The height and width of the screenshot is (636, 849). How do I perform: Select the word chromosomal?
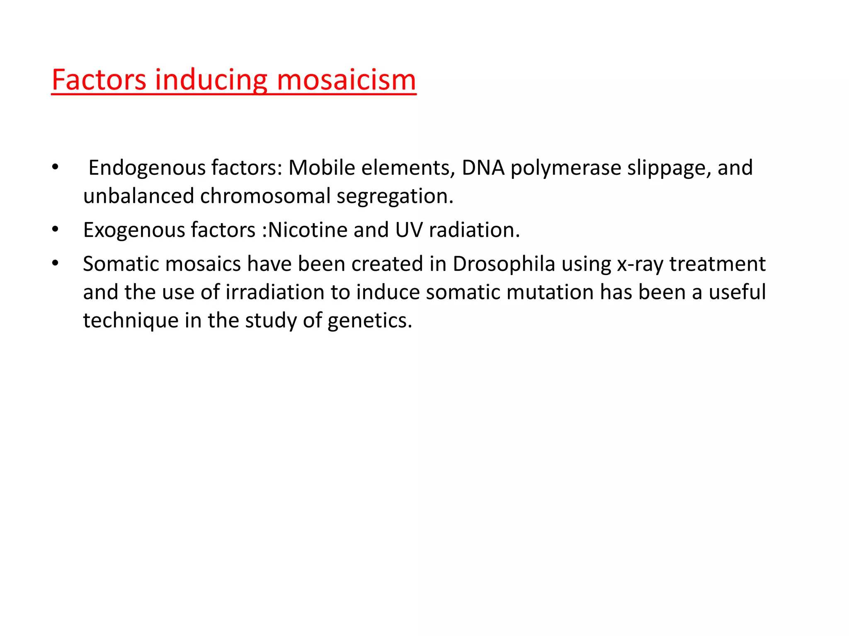coord(265,196)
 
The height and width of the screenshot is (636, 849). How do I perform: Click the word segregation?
coord(395,196)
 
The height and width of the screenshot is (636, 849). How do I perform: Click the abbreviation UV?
coord(409,230)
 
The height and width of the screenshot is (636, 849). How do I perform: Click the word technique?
coord(131,320)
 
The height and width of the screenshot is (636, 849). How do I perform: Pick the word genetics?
coord(370,320)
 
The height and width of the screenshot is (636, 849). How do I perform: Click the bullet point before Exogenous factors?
coord(55,229)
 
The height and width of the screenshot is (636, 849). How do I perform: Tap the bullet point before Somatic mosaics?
coord(55,263)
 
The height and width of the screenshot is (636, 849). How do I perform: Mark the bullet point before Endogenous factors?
coord(55,167)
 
